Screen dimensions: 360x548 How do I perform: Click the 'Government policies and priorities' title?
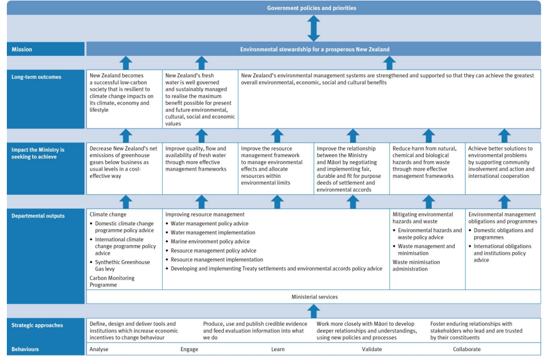312,8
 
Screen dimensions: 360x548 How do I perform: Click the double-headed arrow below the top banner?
314,28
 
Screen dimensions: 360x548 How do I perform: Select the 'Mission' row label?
22,49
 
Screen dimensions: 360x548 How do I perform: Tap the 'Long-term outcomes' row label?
36,77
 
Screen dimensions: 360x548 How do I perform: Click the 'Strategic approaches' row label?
37,325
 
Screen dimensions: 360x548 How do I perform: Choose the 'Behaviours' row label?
25,349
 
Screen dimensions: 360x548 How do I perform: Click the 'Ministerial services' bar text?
314,297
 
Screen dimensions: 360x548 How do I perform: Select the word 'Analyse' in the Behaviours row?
99,349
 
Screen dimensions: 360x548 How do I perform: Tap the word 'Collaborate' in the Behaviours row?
466,349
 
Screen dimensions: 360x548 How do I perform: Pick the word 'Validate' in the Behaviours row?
372,349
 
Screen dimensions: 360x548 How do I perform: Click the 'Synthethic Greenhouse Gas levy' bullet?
122,265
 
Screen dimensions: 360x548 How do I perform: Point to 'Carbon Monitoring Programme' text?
112,281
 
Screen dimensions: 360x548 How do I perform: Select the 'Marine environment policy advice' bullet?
210,242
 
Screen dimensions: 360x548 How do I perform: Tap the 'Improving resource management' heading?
205,215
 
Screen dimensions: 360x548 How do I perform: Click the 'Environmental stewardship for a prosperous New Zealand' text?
314,49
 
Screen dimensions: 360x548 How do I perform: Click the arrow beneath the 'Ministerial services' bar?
314,311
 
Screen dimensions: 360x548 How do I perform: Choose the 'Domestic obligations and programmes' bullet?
503,234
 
